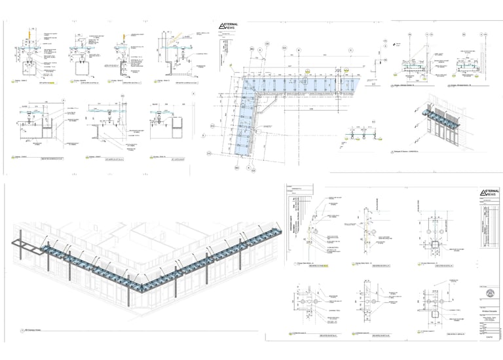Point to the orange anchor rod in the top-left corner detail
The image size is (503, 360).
pos(26,34)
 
